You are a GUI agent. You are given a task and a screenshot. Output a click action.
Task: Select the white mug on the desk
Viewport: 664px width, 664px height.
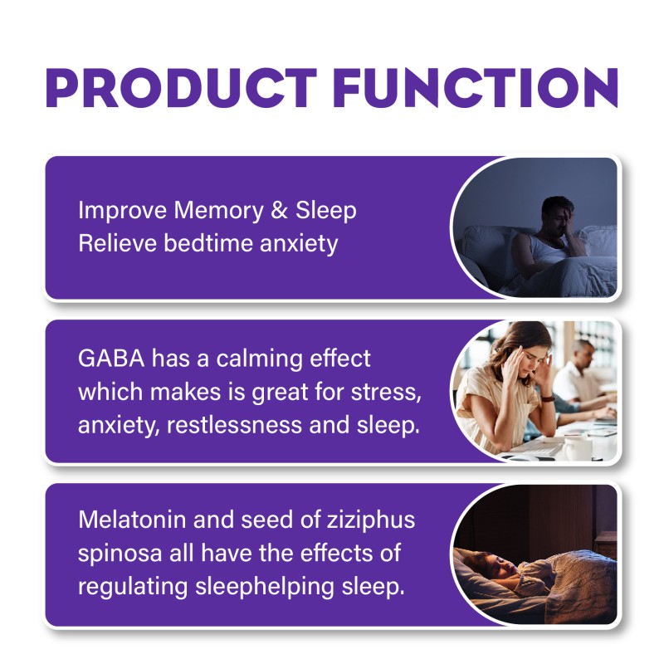click(574, 446)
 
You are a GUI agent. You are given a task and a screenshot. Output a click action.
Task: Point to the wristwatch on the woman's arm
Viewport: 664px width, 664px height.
click(549, 398)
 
